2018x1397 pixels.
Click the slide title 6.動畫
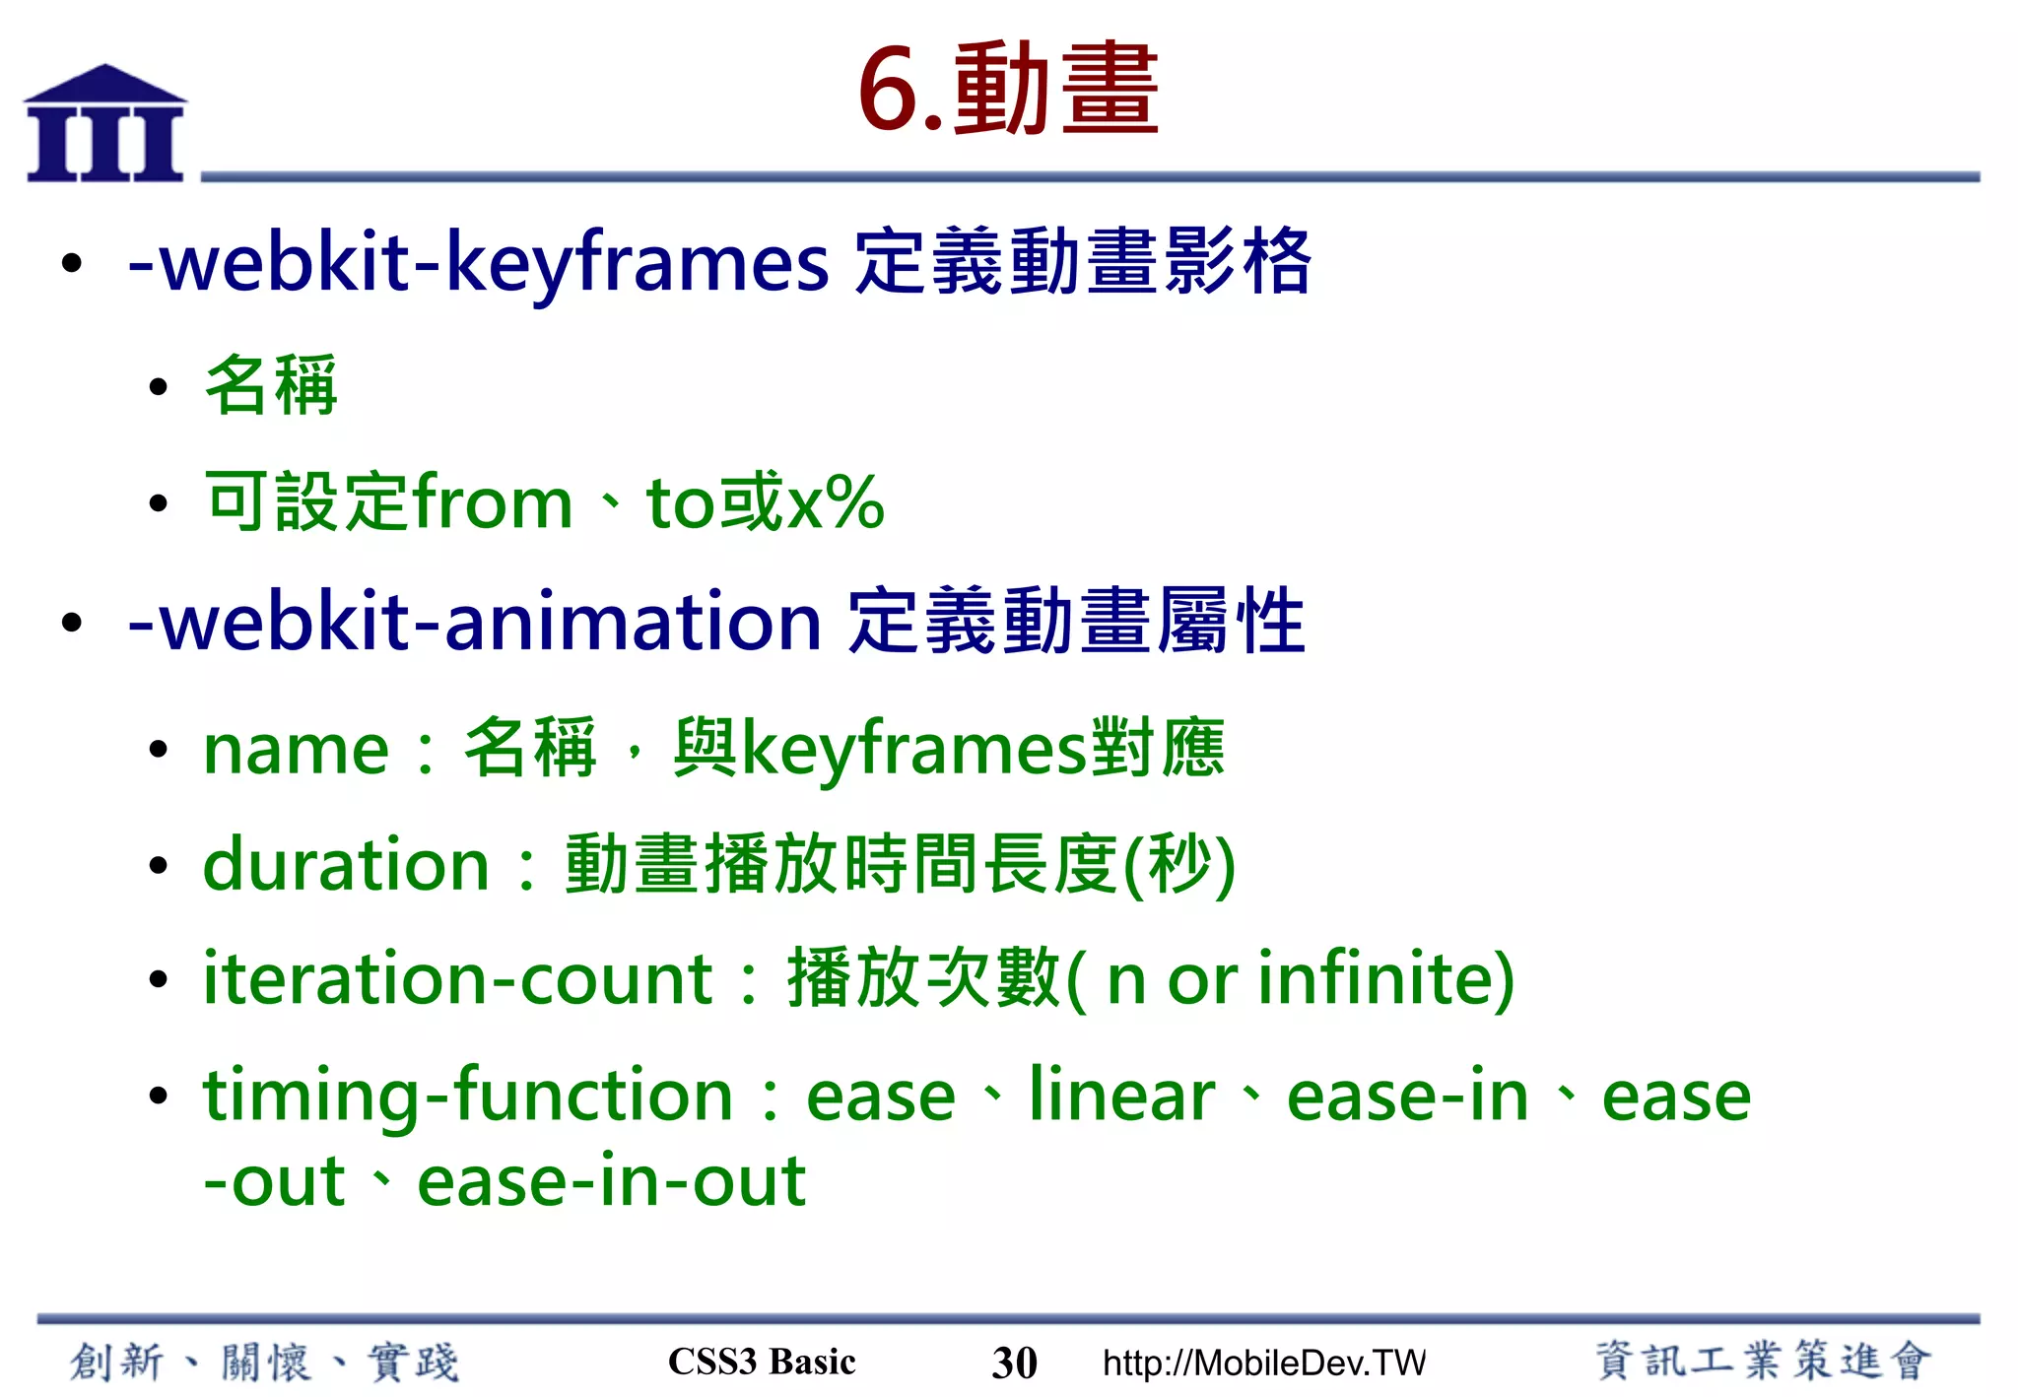click(1007, 91)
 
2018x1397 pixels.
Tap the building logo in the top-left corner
click(104, 125)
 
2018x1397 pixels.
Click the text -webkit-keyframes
click(479, 264)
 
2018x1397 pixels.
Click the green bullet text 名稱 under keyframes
click(271, 385)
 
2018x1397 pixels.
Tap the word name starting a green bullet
click(296, 751)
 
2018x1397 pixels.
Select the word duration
click(346, 865)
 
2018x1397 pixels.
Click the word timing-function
click(468, 1096)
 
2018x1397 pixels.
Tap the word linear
click(1121, 1096)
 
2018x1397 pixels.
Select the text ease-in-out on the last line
click(611, 1182)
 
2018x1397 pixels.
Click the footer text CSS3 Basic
click(762, 1362)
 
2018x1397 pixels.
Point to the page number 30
click(1014, 1364)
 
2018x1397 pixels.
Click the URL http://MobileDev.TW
click(1264, 1364)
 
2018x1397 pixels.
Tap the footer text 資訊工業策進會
click(1763, 1362)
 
